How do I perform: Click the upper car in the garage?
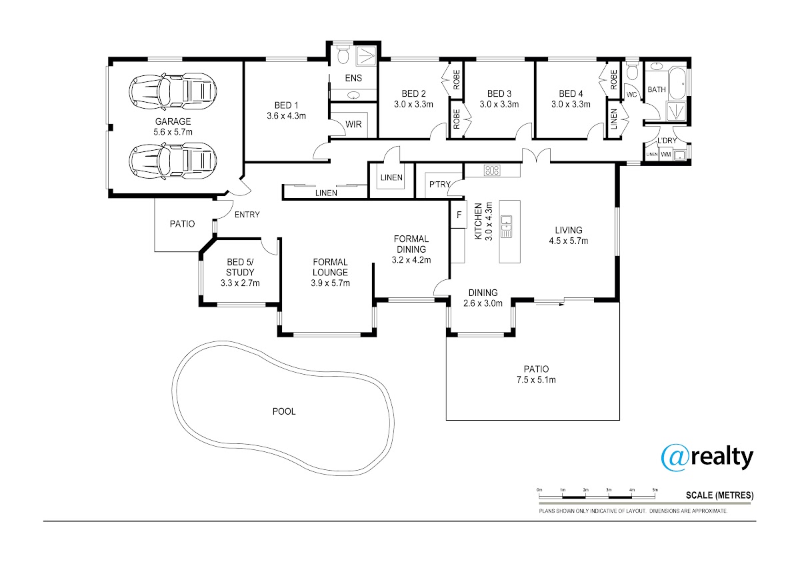pyautogui.click(x=173, y=91)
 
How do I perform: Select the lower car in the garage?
pyautogui.click(x=173, y=161)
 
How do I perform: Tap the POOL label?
pyautogui.click(x=284, y=412)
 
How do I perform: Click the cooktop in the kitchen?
pyautogui.click(x=492, y=171)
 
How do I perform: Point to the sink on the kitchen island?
pyautogui.click(x=507, y=227)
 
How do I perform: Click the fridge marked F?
pyautogui.click(x=459, y=214)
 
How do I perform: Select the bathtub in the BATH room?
pyautogui.click(x=677, y=83)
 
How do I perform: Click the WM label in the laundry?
pyautogui.click(x=666, y=155)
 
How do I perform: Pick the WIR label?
pyautogui.click(x=353, y=124)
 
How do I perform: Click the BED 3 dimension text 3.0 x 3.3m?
pyautogui.click(x=499, y=104)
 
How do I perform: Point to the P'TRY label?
pyautogui.click(x=439, y=184)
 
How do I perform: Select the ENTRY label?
pyautogui.click(x=247, y=215)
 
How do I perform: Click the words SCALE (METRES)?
pyautogui.click(x=719, y=495)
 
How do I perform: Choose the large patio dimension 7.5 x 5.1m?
pyautogui.click(x=536, y=379)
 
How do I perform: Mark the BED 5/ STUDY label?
pyautogui.click(x=240, y=267)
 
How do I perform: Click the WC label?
pyautogui.click(x=632, y=95)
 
